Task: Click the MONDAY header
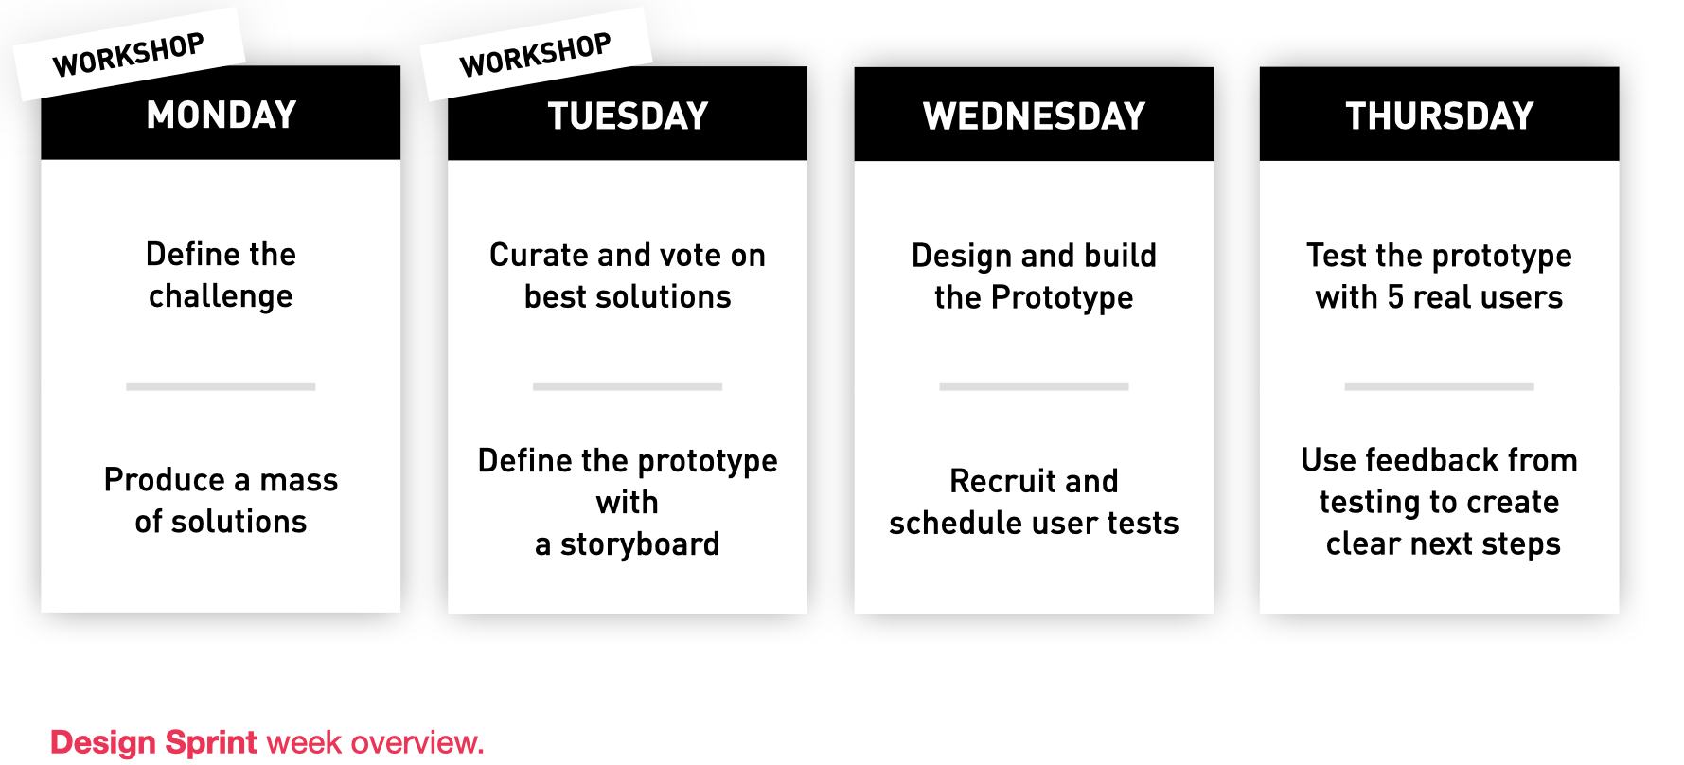(x=221, y=115)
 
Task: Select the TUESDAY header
(x=628, y=116)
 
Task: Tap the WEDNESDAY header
(x=1034, y=116)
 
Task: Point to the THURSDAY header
(x=1439, y=116)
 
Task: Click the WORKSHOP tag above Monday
(x=130, y=54)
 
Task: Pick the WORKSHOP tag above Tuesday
(x=537, y=54)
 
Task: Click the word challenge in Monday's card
(x=221, y=297)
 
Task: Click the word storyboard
(x=640, y=544)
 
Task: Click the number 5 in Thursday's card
(x=1395, y=297)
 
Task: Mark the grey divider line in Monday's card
(x=221, y=386)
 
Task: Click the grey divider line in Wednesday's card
(x=1034, y=386)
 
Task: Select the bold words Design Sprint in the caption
(x=153, y=743)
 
